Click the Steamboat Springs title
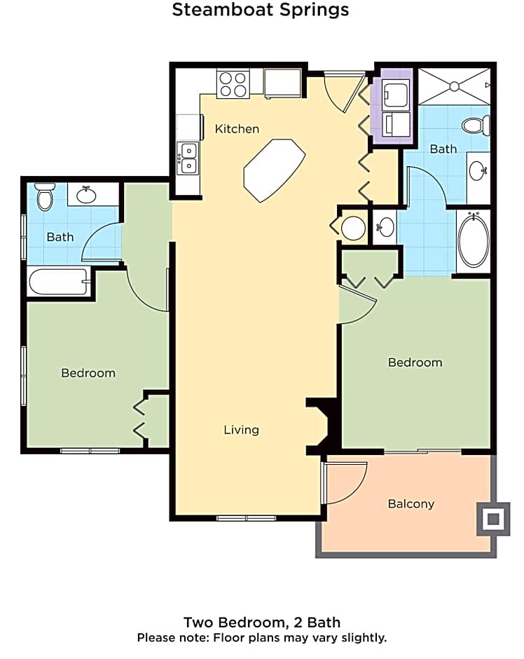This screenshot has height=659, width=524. tap(261, 10)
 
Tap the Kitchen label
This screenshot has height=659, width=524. tap(237, 129)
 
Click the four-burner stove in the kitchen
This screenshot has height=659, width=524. tap(233, 84)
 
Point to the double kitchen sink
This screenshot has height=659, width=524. tap(188, 158)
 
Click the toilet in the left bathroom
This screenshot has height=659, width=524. tap(45, 197)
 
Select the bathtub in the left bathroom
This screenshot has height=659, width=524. tap(59, 283)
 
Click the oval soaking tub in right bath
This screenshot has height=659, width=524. tap(474, 240)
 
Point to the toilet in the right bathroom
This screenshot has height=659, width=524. tap(476, 126)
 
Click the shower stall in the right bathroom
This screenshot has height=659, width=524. tap(454, 86)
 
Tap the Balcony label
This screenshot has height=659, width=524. tap(411, 504)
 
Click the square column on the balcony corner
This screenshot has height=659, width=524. tap(493, 519)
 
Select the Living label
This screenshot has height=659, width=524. tap(241, 430)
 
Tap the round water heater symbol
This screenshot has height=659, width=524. tap(354, 228)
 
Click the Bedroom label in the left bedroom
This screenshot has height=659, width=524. tap(88, 373)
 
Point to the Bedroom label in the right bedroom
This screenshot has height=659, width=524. tap(415, 362)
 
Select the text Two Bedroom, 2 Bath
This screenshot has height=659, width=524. tap(262, 623)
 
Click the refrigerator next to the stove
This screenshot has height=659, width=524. tap(283, 84)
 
